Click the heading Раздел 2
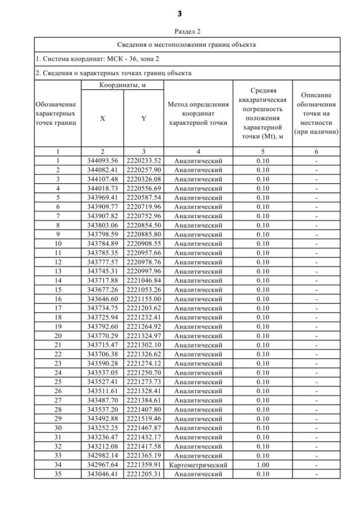point(180,32)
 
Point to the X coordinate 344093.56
point(102,161)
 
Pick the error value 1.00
point(263,465)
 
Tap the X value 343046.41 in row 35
point(102,474)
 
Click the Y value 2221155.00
point(143,299)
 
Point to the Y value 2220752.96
point(143,216)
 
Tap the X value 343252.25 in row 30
point(102,428)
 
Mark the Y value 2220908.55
point(143,244)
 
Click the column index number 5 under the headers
point(263,152)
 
